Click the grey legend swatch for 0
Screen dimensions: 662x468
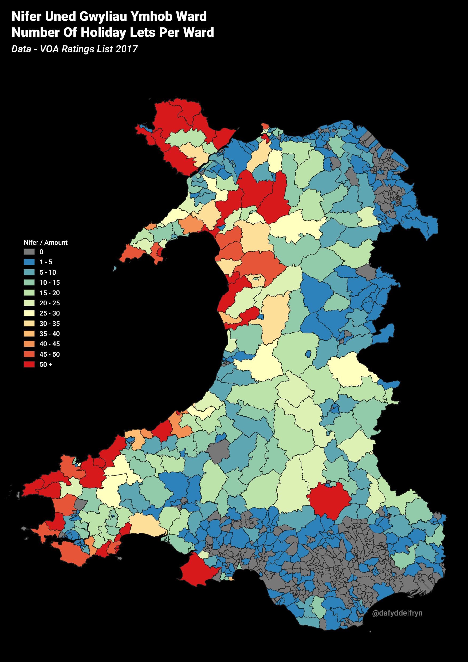pyautogui.click(x=29, y=252)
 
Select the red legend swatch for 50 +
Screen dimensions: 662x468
pyautogui.click(x=29, y=364)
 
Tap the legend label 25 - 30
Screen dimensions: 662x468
pyautogui.click(x=50, y=313)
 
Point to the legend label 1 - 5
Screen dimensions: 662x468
pyautogui.click(x=46, y=262)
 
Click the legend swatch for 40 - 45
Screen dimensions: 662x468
pyautogui.click(x=29, y=344)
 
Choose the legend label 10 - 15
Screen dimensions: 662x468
pyautogui.click(x=50, y=283)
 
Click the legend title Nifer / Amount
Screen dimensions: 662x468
pyautogui.click(x=46, y=242)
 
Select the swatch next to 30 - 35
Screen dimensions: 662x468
pyautogui.click(x=29, y=324)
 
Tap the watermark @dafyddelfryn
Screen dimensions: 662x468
pyautogui.click(x=397, y=613)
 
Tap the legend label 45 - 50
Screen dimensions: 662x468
pyautogui.click(x=50, y=354)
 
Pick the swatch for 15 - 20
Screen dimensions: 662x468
pyautogui.click(x=29, y=293)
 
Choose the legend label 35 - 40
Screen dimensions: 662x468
pyautogui.click(x=50, y=334)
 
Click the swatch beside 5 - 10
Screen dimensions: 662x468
pyautogui.click(x=29, y=273)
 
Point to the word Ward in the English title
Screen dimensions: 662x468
pyautogui.click(x=199, y=33)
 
